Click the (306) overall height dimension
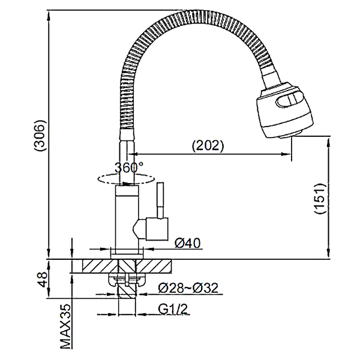click(x=40, y=135)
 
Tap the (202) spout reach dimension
click(x=208, y=145)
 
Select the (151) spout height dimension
click(x=320, y=199)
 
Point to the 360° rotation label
click(x=129, y=167)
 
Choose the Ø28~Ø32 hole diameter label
click(x=188, y=287)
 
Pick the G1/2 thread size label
click(x=173, y=309)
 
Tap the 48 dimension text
click(x=43, y=280)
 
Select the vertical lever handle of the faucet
click(x=160, y=200)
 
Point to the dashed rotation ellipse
click(x=126, y=179)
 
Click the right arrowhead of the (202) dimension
click(x=287, y=154)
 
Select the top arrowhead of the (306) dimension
click(x=49, y=16)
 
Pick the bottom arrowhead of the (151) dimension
click(x=329, y=253)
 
